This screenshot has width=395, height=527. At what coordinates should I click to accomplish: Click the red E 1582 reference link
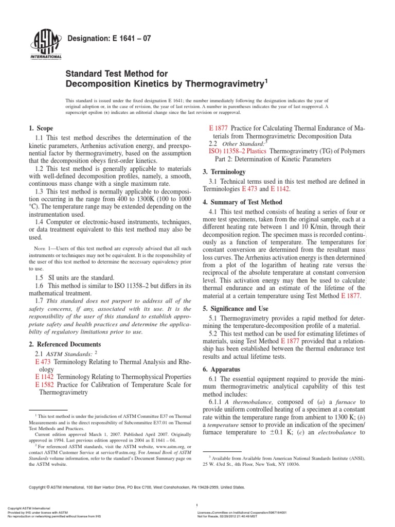[x=44, y=384]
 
